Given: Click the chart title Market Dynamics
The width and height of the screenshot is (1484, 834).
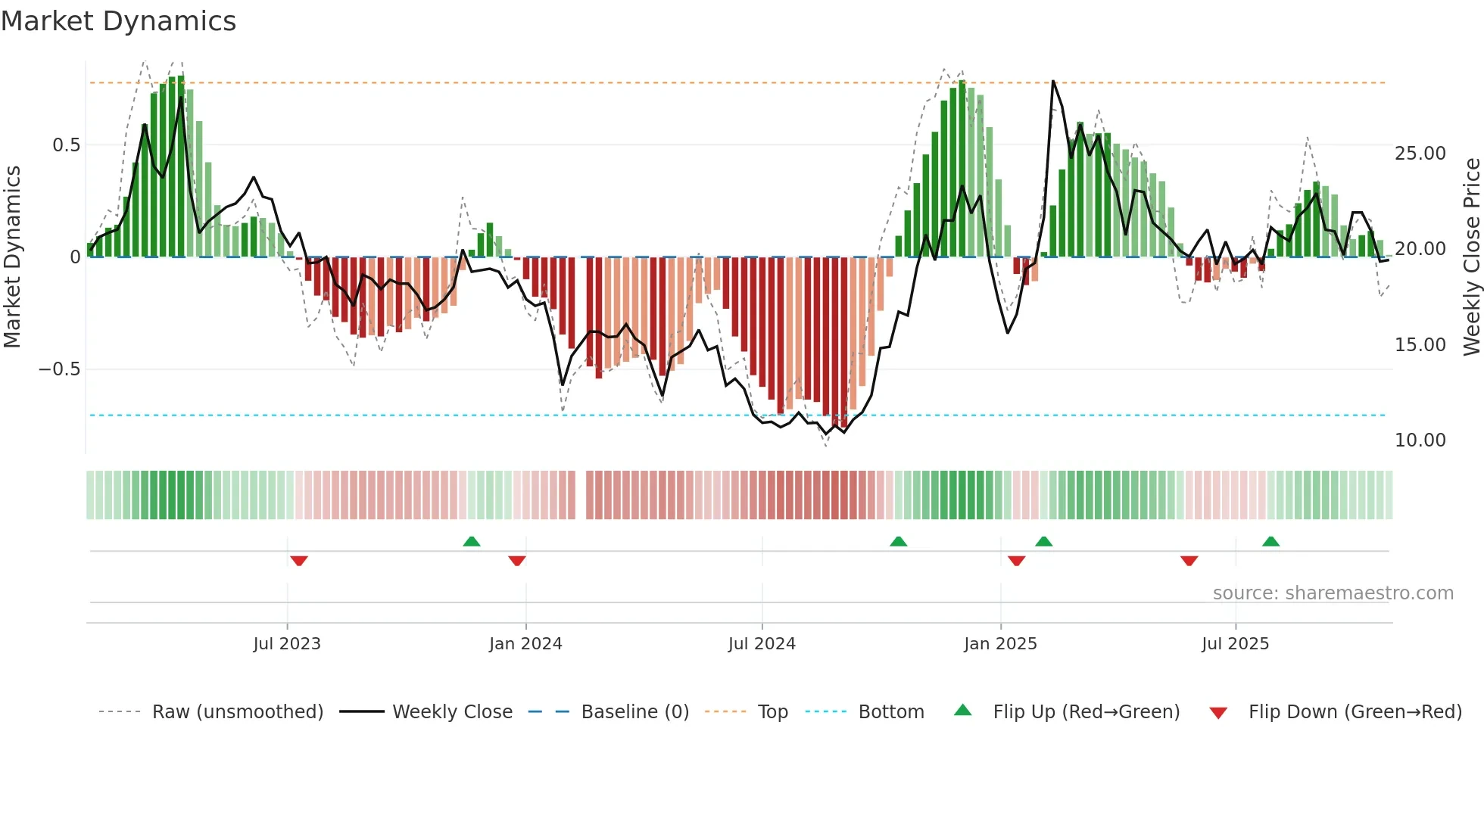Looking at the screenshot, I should (118, 21).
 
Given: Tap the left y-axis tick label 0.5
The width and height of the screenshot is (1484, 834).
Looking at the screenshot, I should (66, 145).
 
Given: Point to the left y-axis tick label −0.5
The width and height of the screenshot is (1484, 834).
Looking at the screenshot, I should (59, 369).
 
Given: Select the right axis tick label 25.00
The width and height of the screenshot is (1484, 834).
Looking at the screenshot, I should (1420, 154).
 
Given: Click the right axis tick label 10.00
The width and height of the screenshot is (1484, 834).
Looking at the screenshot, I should (1420, 440).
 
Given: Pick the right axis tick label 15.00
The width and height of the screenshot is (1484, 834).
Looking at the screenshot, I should (1420, 345).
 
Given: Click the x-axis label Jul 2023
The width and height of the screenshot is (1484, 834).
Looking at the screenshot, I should (287, 644).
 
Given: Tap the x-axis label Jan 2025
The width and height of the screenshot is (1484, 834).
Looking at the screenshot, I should (1000, 644).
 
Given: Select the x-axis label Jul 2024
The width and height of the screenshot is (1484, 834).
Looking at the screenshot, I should (762, 644).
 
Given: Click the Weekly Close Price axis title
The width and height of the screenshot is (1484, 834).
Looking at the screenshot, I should (1471, 257).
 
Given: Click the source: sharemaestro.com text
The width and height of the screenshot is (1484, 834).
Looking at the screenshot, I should (1333, 593).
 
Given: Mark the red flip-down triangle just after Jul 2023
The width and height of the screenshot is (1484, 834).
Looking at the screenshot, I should (299, 561).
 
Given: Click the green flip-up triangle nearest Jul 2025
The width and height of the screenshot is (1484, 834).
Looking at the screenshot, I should (1270, 541).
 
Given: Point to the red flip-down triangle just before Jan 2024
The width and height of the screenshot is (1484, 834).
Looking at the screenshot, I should (517, 561).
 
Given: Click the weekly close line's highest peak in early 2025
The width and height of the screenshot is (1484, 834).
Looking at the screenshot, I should (1052, 82).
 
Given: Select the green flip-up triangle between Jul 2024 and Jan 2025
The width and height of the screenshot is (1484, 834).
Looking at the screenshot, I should (898, 541).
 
